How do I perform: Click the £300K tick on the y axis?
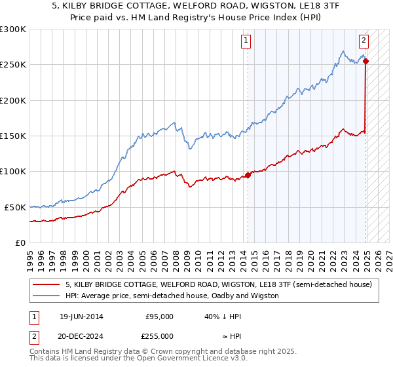click(x=13, y=29)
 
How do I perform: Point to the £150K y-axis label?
click(x=13, y=136)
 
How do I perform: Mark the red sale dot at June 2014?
click(x=248, y=175)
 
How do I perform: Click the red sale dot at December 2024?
click(x=365, y=62)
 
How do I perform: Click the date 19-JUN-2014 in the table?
click(x=81, y=316)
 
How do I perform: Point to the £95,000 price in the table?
click(x=159, y=316)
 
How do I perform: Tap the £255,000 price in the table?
click(x=159, y=336)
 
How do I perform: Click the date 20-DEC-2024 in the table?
click(x=81, y=336)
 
